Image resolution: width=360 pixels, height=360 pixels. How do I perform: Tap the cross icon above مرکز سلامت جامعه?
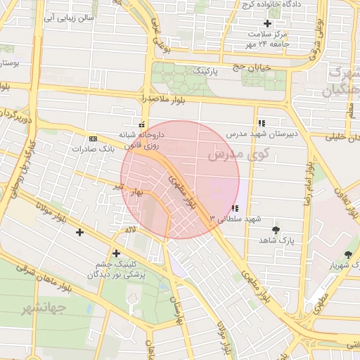[x=266, y=23]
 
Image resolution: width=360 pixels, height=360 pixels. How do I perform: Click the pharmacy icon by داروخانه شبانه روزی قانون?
[x=143, y=124]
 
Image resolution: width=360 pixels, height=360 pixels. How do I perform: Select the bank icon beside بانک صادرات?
[x=93, y=139]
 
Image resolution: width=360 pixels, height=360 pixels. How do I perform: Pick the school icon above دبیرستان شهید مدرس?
[x=262, y=122]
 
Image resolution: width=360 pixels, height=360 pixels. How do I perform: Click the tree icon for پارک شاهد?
[x=275, y=230]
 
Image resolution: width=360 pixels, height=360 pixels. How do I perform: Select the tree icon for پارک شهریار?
[x=348, y=255]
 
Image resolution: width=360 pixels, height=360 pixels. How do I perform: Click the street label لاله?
[x=129, y=230]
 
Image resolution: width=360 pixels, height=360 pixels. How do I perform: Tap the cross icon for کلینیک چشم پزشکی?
[x=116, y=253]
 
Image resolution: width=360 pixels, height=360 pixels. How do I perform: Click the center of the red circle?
[x=180, y=179]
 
